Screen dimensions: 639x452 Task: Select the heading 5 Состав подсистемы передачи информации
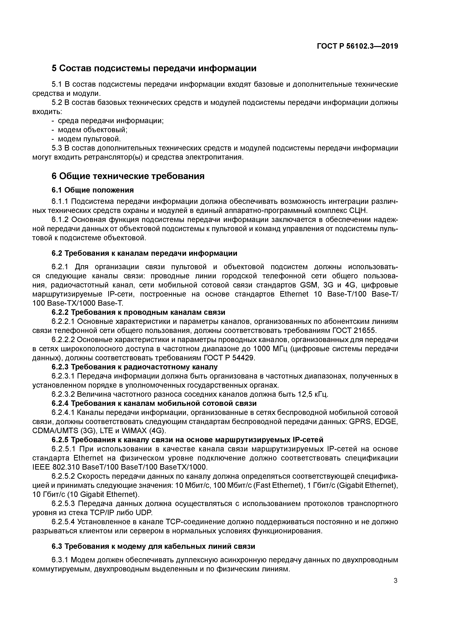pos(154,68)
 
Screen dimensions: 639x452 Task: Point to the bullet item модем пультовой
pos(89,139)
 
